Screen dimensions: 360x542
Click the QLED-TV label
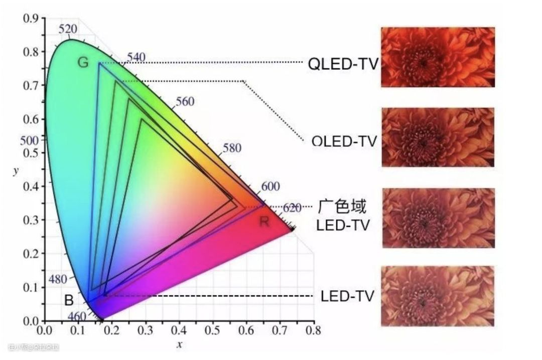tap(343, 64)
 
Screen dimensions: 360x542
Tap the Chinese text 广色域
tap(342, 206)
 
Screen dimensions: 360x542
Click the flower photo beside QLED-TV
tap(438, 57)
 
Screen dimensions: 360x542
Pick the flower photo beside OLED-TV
tap(438, 137)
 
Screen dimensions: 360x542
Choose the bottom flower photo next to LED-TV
tap(438, 296)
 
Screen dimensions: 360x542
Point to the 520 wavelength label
tap(68, 29)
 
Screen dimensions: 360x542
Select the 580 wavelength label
tap(231, 149)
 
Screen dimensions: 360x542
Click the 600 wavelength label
tap(270, 187)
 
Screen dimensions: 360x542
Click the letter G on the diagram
tap(83, 63)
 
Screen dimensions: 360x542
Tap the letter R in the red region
tap(264, 221)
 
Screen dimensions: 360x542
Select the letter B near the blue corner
tap(69, 301)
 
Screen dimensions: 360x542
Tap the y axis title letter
tap(17, 170)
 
